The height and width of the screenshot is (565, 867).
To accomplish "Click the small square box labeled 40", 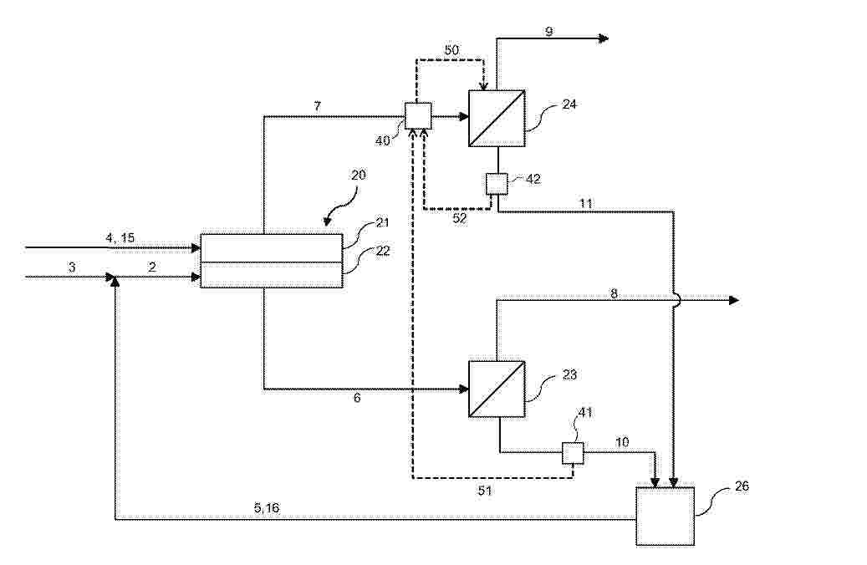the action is click(418, 116).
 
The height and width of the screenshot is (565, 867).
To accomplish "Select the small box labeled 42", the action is click(497, 184).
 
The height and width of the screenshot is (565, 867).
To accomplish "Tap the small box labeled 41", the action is click(573, 453).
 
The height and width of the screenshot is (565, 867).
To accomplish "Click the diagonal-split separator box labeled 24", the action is click(497, 118).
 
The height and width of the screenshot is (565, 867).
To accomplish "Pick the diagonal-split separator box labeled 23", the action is click(497, 389).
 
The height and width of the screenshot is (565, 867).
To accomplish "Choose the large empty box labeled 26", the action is click(666, 517).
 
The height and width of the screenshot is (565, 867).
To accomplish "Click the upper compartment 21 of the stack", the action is click(271, 247).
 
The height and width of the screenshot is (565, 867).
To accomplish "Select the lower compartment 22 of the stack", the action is click(271, 275).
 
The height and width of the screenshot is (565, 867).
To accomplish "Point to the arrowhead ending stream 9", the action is click(604, 38).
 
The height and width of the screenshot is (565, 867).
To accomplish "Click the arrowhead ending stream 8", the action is click(734, 300).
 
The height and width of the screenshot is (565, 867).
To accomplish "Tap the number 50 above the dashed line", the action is click(451, 50).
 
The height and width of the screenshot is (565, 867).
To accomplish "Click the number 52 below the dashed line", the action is click(460, 218).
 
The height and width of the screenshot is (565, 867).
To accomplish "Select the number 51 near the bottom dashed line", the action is click(484, 491).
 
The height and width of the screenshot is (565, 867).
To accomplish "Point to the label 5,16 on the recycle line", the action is click(267, 507).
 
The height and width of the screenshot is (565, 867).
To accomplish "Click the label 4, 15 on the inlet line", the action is click(120, 237).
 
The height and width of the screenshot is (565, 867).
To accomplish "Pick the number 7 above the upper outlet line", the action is click(318, 106).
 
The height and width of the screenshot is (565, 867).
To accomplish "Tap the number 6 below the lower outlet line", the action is click(357, 398).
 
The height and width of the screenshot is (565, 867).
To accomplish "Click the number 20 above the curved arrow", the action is click(359, 175).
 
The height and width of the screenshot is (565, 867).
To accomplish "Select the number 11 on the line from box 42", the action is click(586, 203).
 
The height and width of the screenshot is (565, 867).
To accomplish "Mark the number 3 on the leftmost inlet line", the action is click(72, 267).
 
